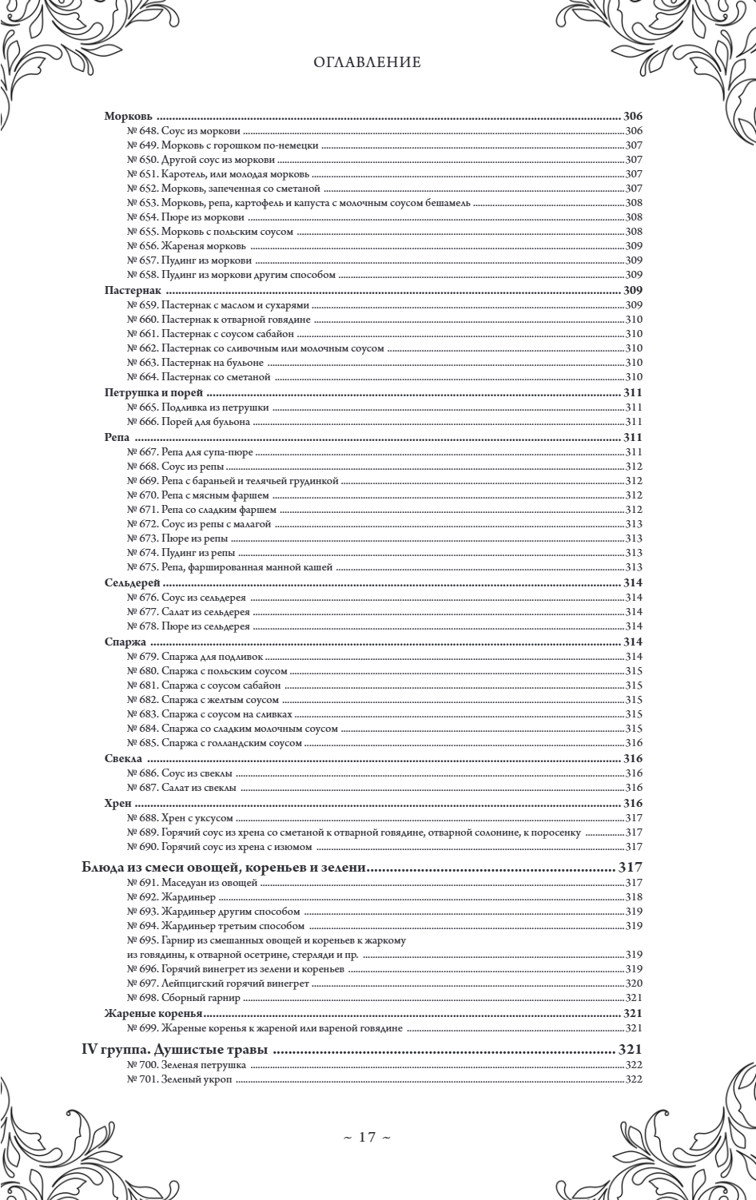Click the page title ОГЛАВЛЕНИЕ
[x=367, y=62]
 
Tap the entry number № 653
[x=143, y=203]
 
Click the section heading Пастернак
[x=133, y=290]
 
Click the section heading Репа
[x=117, y=437]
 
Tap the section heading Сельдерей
[x=132, y=582]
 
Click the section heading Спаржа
[x=125, y=642]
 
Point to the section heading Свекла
[x=123, y=757]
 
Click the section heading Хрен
[x=118, y=803]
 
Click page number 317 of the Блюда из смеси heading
[x=631, y=867]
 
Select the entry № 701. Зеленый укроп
[x=180, y=1080]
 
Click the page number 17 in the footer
[x=367, y=1137]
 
